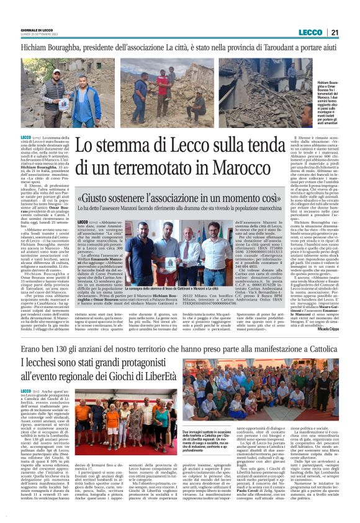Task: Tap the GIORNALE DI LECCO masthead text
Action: [x=36, y=30]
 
